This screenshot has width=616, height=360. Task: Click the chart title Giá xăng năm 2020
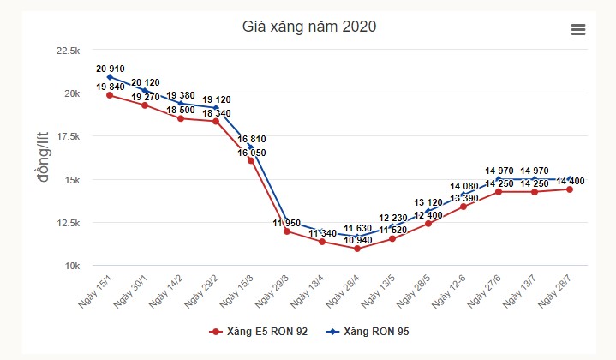(x=309, y=27)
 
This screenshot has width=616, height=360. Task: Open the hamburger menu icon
(x=578, y=30)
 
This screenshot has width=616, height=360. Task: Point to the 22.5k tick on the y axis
(x=67, y=51)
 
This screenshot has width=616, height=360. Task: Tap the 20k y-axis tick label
(x=70, y=93)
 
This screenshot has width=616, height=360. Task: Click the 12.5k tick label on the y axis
(x=67, y=223)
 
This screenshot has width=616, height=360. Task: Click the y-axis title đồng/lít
(x=39, y=157)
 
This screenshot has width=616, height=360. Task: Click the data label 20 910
(x=111, y=68)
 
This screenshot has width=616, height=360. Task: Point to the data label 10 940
(x=357, y=241)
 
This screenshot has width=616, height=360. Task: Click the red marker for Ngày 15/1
(x=110, y=95)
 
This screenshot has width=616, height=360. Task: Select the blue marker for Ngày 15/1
(x=110, y=77)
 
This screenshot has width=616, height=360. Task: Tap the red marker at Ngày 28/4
(x=357, y=249)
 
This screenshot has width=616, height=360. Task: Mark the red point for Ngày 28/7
(x=570, y=189)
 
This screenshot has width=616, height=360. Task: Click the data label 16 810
(x=254, y=138)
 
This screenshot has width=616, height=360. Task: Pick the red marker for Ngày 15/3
(x=251, y=160)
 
